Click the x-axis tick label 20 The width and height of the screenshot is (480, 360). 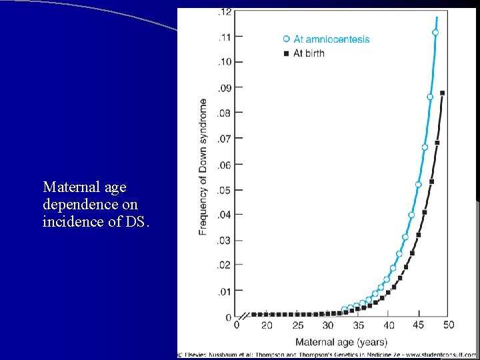[x=267, y=325]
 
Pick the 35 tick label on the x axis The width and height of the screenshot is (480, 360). [x=358, y=325]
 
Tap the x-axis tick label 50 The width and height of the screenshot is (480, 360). [x=449, y=325]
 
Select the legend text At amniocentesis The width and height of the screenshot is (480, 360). [x=331, y=39]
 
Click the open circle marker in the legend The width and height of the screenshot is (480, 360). [x=286, y=39]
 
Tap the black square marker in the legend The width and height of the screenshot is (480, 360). [x=286, y=53]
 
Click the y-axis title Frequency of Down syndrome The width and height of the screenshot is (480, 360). [x=203, y=167]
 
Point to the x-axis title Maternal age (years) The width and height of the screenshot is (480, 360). [x=341, y=342]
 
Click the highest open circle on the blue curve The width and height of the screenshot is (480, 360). [x=435, y=32]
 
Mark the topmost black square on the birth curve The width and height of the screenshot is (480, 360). [x=443, y=93]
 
